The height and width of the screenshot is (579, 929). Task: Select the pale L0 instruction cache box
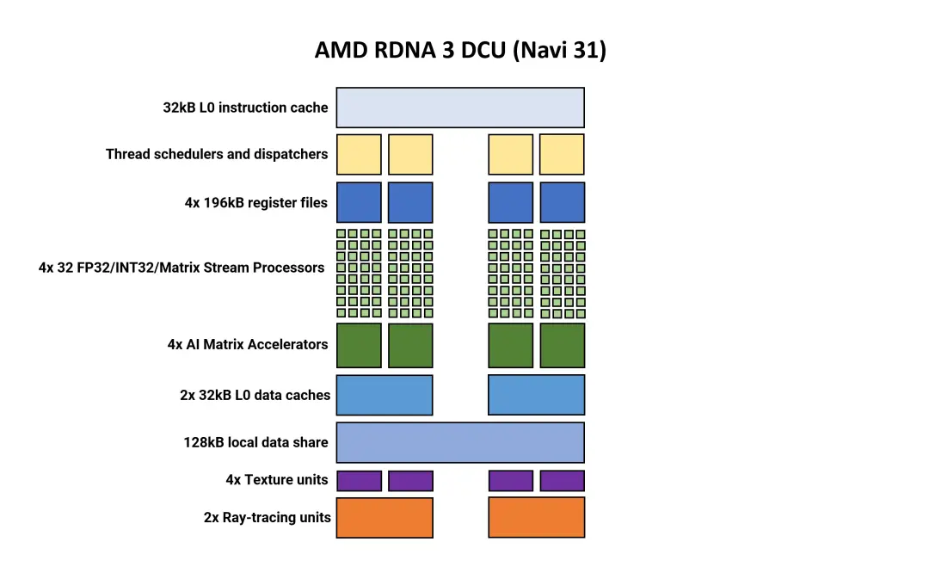(460, 108)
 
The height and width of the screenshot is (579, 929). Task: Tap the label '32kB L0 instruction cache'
(245, 108)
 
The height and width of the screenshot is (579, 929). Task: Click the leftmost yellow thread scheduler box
(359, 155)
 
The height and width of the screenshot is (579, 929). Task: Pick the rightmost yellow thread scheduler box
(563, 155)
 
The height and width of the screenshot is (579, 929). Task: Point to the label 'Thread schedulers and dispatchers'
(217, 154)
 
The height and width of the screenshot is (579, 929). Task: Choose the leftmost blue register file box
(359, 203)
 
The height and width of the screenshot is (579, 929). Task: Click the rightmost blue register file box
(563, 203)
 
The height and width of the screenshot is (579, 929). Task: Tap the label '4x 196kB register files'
(256, 203)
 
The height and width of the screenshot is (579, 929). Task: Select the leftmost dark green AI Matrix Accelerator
(359, 346)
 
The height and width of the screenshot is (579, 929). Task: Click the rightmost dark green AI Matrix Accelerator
(563, 346)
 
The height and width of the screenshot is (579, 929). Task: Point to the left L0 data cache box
(385, 395)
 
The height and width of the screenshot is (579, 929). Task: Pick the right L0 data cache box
(536, 395)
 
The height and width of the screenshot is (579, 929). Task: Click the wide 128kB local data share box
(460, 443)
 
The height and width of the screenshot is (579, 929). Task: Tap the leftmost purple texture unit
(359, 481)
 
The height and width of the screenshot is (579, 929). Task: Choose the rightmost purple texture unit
(563, 481)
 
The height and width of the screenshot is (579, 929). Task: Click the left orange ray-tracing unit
(385, 518)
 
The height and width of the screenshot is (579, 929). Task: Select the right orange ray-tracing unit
(536, 518)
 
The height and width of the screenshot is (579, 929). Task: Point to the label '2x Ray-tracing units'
(268, 517)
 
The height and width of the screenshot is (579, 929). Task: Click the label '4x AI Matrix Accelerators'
(248, 344)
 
